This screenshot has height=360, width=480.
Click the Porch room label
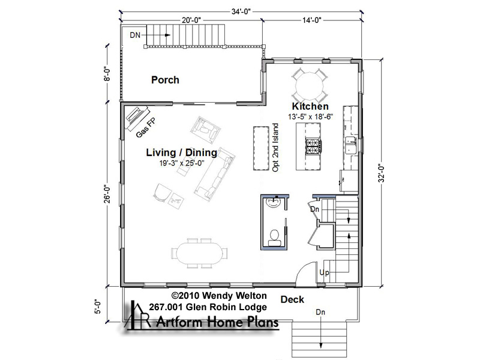pos(165,80)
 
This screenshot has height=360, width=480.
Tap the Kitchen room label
pos(310,106)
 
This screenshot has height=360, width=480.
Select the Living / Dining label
pos(182,152)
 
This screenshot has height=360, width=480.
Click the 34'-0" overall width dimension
pos(241,11)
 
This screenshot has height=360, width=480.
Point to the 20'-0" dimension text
pos(191,20)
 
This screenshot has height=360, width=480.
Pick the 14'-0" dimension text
pos(311,20)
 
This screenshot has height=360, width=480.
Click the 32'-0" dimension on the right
pos(381,173)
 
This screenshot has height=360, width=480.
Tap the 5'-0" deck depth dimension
pos(98,307)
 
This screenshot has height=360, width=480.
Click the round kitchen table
pos(309,86)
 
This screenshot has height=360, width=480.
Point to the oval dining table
pos(199,253)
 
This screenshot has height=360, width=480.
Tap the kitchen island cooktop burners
pos(313,146)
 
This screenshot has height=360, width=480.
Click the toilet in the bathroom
pos(274,238)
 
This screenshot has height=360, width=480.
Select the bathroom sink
pos(274,202)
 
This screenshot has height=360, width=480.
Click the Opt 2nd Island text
pos(275,148)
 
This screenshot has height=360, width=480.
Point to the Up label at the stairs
pos(325,272)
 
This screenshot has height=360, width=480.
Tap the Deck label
pos(292,299)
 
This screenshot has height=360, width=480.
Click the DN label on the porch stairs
pos(135,35)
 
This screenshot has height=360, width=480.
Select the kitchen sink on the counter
pos(350,145)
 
